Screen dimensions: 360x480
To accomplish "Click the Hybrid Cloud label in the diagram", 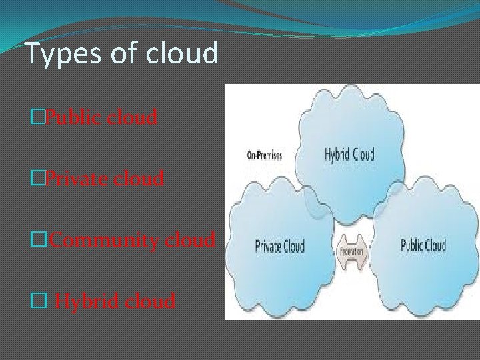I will coord(349,155).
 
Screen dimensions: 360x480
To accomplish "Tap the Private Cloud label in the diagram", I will coord(280,245).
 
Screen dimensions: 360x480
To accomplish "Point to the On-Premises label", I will coord(265,155).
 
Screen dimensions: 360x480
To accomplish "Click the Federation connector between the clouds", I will coord(351,252).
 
